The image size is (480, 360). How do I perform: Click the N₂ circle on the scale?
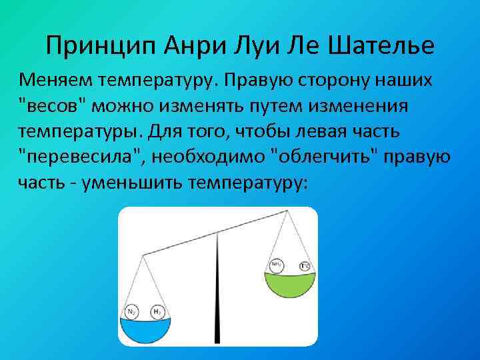pos(132,312)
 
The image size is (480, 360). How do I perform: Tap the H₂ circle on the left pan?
pos(158,312)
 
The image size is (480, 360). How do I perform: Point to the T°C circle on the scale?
pos(305,267)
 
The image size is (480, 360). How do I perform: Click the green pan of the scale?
pos(291,283)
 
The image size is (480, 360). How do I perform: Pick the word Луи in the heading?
pos(242,46)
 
